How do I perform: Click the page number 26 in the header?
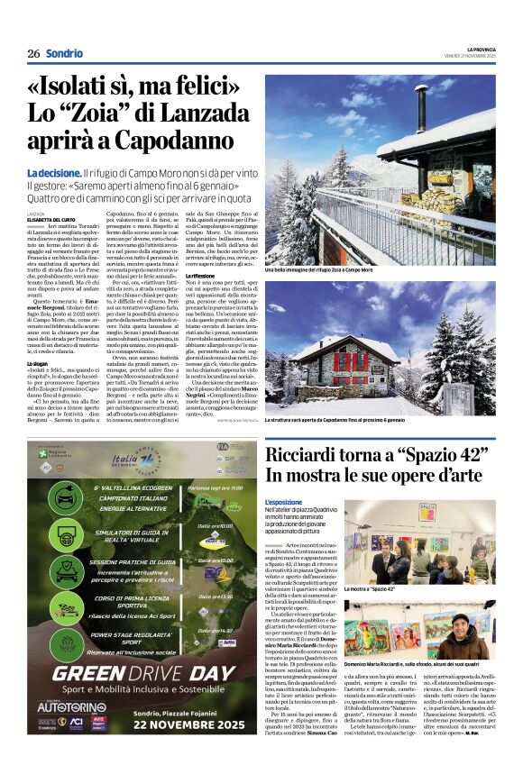pos(32,54)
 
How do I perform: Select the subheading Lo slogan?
pos(40,363)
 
